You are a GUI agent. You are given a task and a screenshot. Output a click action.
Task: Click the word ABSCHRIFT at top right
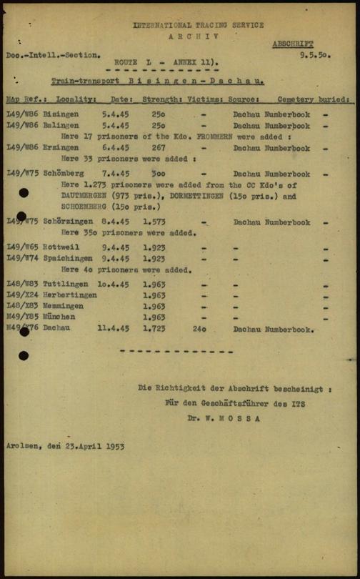pos(292,44)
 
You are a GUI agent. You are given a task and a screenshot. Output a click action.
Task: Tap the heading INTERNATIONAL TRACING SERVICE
pos(198,25)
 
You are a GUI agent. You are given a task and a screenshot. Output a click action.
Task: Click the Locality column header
pos(76,100)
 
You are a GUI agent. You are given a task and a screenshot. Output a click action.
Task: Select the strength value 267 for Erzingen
pos(159,149)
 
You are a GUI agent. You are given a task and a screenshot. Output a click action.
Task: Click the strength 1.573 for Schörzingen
pos(156,222)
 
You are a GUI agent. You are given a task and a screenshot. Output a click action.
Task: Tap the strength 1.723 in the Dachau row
pos(156,329)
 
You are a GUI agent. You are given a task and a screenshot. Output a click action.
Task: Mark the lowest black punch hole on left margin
pos(24,355)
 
